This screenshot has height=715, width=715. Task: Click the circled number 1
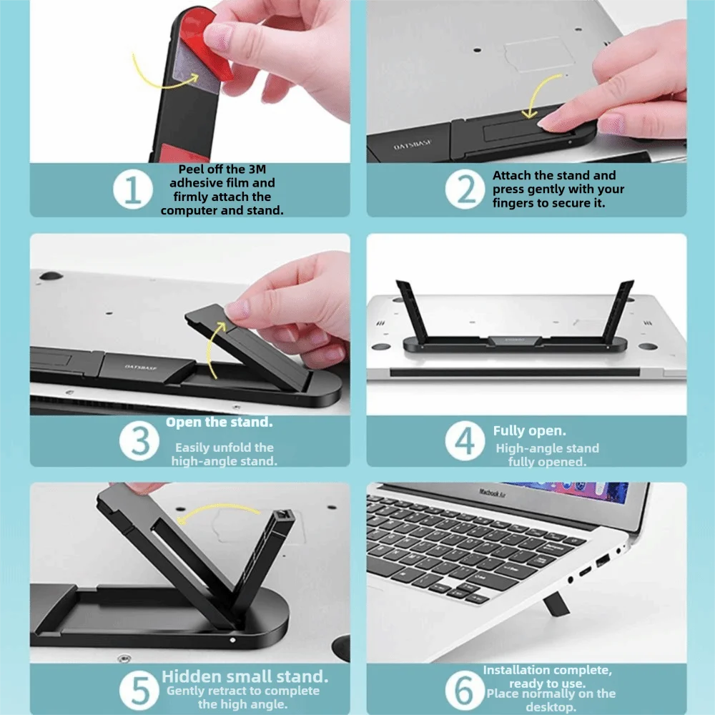pos(133,189)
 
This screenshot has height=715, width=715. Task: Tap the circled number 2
pos(465,189)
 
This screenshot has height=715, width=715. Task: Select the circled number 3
pos(139,441)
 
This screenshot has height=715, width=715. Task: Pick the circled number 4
pos(465,441)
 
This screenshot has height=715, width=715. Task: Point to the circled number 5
pos(139,690)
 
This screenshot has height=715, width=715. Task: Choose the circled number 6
pos(465,690)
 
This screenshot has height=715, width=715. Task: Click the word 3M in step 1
pos(257,169)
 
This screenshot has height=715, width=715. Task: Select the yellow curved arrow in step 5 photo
pos(219,508)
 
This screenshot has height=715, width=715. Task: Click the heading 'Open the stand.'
pos(219,423)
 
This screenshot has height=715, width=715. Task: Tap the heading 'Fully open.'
pos(529,431)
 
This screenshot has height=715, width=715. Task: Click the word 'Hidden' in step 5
pos(192,676)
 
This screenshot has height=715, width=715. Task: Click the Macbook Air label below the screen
pos(492,492)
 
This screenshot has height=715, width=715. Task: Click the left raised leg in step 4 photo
pos(412,312)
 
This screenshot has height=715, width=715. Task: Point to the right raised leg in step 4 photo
pos(618,312)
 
